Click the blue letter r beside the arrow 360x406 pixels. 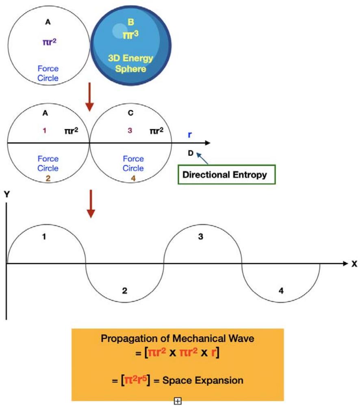[190, 135]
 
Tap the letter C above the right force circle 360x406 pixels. [130, 113]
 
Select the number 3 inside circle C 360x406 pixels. [130, 131]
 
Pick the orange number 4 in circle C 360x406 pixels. [130, 177]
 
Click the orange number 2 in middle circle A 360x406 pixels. [48, 177]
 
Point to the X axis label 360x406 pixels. [354, 264]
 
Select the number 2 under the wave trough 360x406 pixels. [125, 291]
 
